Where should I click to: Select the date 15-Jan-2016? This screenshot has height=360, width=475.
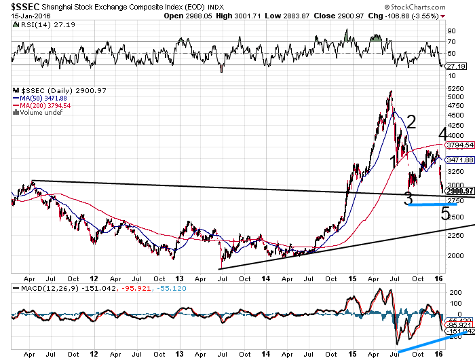(x=20, y=15)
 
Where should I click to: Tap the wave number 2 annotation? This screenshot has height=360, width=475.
(x=411, y=122)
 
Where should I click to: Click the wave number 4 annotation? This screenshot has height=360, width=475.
(x=442, y=132)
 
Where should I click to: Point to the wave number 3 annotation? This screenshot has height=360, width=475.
(x=408, y=198)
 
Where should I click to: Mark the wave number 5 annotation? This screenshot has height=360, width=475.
(x=445, y=213)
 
